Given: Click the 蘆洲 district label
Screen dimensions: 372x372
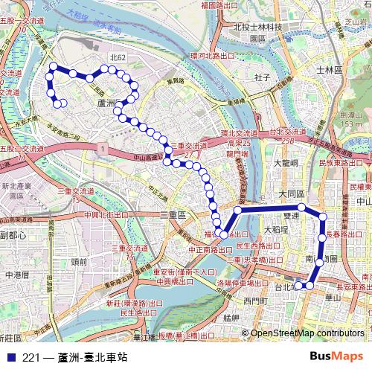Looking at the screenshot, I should (109, 103).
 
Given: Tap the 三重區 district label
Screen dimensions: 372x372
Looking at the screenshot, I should (176, 214).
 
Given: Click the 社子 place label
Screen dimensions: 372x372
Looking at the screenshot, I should (261, 76).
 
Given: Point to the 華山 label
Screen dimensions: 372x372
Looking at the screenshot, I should (333, 299).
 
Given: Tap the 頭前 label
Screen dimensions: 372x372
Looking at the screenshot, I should (78, 261).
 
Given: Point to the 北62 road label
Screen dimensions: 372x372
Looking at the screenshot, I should (118, 57).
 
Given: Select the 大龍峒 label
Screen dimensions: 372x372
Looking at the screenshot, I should (285, 161).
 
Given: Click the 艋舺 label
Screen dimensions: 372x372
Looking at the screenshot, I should (230, 318).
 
